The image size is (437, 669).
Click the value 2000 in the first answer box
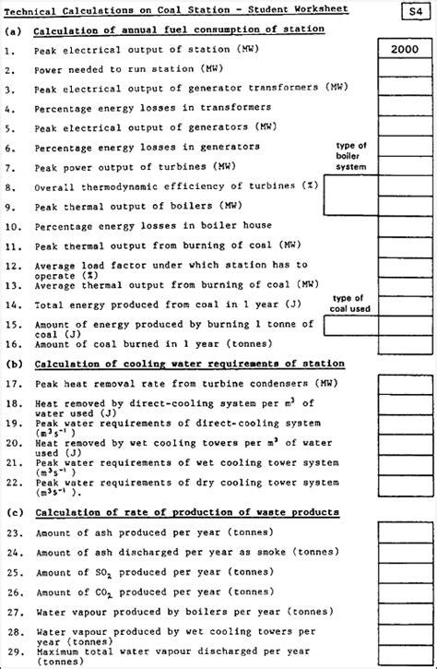pos(405,49)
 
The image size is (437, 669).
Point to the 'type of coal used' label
pos(351,304)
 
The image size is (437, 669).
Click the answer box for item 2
pos(405,69)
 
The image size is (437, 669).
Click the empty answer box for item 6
pos(405,147)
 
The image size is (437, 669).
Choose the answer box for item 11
pos(405,246)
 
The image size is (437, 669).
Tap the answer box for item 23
pos(405,532)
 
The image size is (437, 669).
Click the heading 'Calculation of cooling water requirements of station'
pos(189,364)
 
